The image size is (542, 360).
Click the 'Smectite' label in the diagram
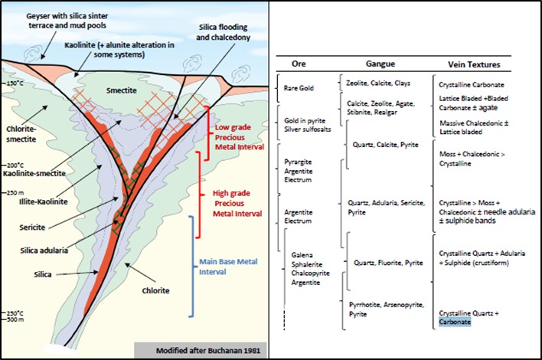(121, 90)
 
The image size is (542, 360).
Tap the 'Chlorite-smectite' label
(21, 134)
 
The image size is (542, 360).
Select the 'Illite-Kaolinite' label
(43, 201)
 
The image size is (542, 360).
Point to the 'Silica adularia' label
(44, 250)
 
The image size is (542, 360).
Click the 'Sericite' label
(32, 227)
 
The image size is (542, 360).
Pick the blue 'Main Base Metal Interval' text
(228, 267)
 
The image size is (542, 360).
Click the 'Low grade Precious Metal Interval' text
(240, 137)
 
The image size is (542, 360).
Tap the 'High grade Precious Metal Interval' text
(237, 203)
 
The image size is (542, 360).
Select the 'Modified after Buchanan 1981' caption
(207, 350)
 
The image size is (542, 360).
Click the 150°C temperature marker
(15, 83)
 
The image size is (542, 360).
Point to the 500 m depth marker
(15, 319)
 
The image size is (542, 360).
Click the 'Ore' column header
(299, 64)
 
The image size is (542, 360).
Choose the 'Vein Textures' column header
(474, 64)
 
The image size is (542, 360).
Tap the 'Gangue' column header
(380, 64)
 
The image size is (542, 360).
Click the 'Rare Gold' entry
(299, 88)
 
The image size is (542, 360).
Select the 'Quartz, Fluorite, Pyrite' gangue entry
(388, 263)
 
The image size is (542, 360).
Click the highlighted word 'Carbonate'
(455, 322)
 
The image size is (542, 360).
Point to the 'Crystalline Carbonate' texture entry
(472, 85)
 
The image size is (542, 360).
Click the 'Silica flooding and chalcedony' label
(223, 32)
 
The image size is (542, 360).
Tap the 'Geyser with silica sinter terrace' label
(67, 16)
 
